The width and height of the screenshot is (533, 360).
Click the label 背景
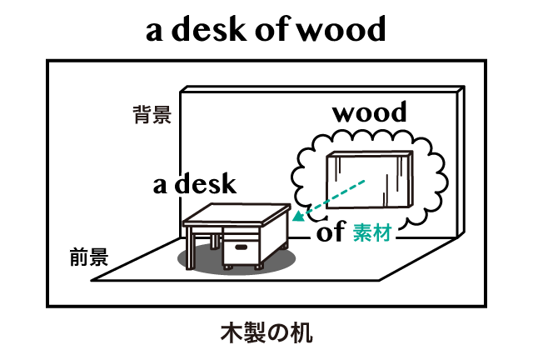(x=152, y=115)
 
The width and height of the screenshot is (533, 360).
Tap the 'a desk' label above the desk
(x=194, y=184)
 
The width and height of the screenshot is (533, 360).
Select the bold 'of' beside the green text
(x=331, y=232)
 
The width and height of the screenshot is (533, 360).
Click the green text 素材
(x=371, y=233)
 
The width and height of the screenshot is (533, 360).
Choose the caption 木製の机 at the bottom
(x=266, y=333)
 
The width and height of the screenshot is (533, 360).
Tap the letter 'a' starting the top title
(x=156, y=32)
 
